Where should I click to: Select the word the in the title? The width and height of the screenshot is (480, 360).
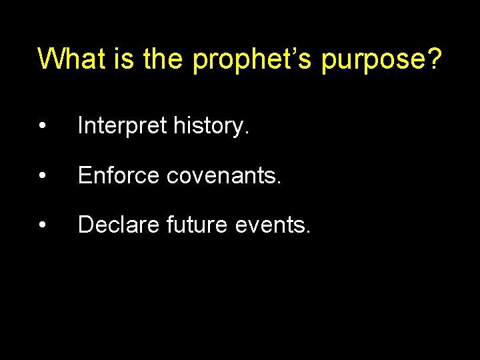[x=163, y=59]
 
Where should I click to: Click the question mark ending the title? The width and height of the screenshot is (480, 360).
[x=434, y=59]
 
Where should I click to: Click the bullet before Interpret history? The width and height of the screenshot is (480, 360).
[x=42, y=127]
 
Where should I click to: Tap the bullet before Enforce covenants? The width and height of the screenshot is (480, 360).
[x=42, y=176]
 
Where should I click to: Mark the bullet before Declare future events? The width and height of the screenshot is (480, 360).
[x=42, y=226]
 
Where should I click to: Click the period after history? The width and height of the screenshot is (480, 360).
[x=247, y=133]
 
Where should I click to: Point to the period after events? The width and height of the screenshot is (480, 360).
[x=307, y=233]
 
